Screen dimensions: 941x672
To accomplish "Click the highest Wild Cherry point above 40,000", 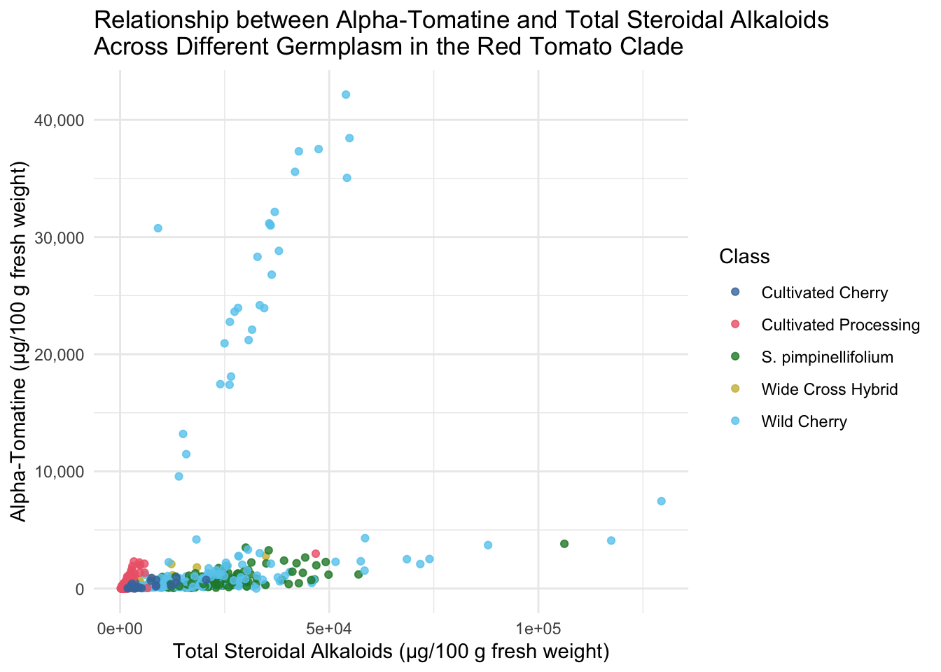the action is (x=346, y=94).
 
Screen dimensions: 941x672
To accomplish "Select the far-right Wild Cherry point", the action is (x=661, y=501).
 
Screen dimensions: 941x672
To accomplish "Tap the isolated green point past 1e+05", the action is (x=564, y=544).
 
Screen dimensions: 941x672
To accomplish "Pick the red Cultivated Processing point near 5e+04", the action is (x=316, y=554).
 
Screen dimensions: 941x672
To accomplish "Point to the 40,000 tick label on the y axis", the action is (x=60, y=121).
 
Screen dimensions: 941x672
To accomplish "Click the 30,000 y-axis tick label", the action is (x=60, y=238).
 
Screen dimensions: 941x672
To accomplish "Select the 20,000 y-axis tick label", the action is (x=60, y=355).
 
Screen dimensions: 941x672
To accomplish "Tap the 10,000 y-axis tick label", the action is (x=60, y=472).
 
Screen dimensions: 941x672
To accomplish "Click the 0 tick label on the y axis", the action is (x=80, y=589).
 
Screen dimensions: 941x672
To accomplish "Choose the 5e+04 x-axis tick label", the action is (x=329, y=629).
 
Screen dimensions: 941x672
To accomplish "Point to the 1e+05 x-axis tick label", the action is (x=538, y=629).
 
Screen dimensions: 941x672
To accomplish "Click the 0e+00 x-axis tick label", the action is (x=120, y=629).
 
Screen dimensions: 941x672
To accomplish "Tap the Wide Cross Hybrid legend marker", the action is (x=735, y=388).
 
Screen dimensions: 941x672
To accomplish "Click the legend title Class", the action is (x=744, y=256).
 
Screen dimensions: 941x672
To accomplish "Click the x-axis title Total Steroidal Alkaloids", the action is (x=391, y=652).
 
